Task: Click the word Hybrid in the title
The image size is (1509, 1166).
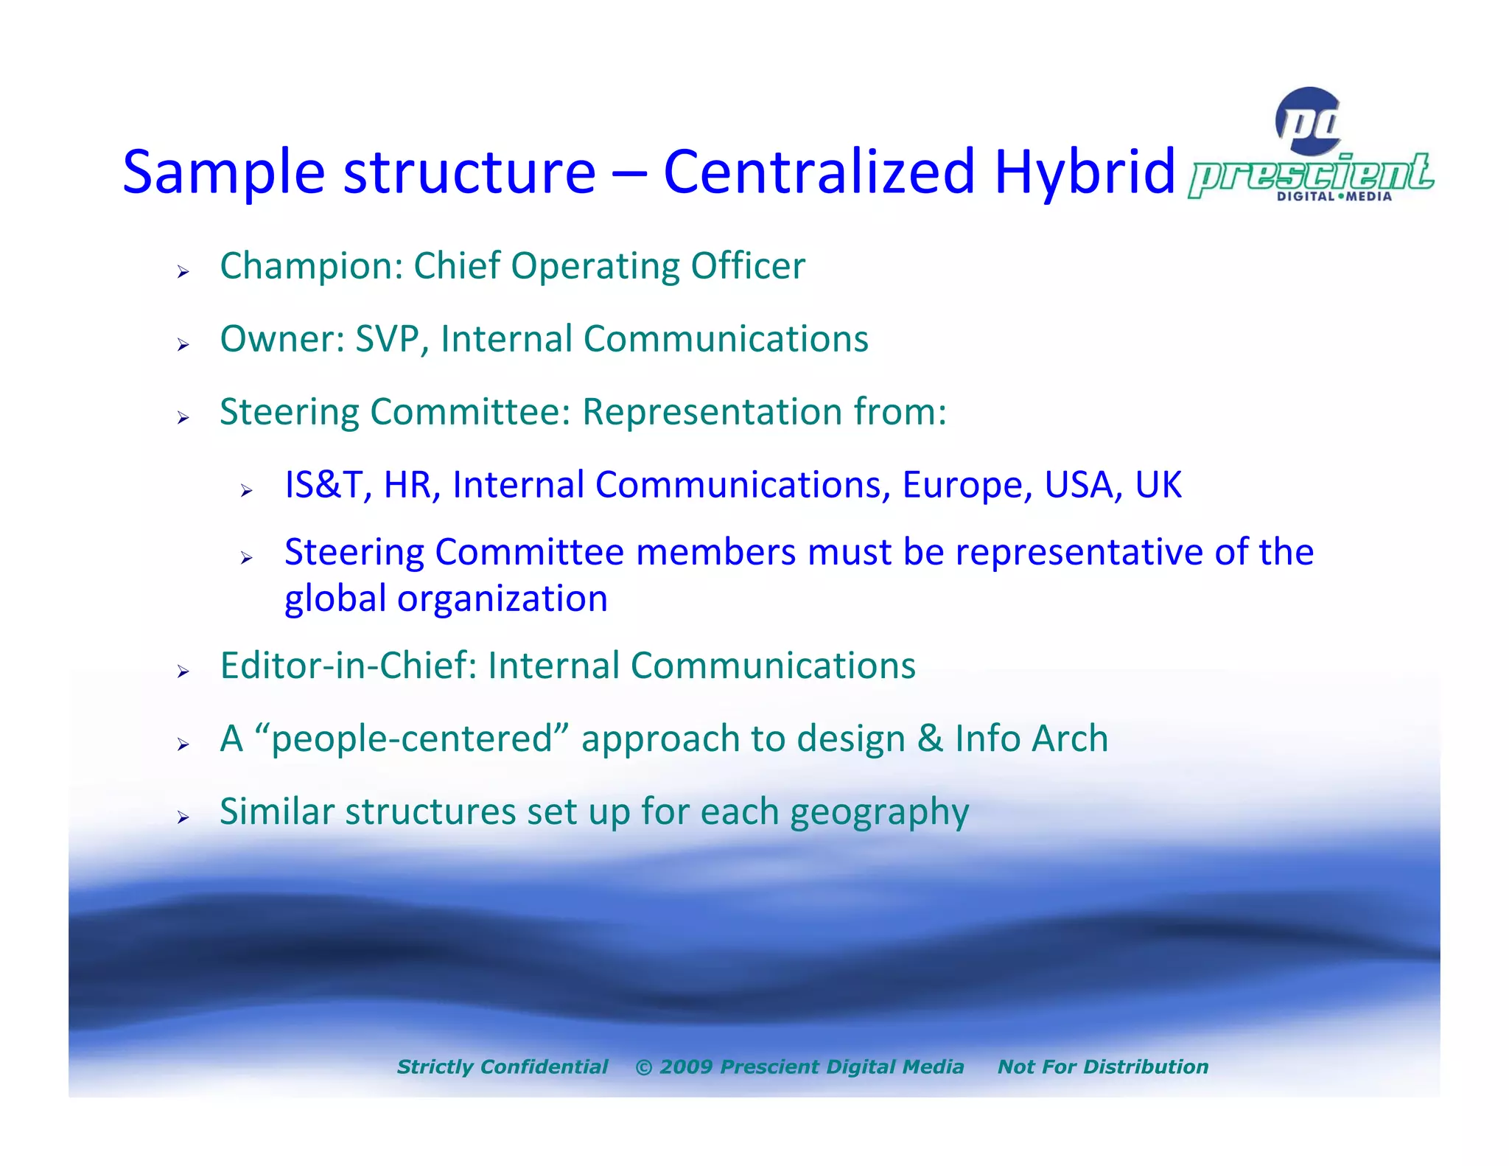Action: point(1084,172)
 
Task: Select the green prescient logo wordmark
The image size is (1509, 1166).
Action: point(1312,175)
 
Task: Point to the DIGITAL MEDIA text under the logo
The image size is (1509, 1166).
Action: point(1334,197)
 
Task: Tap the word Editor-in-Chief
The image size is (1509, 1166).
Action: point(348,666)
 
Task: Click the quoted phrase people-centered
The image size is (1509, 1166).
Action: point(413,739)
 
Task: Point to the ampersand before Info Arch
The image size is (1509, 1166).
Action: point(930,739)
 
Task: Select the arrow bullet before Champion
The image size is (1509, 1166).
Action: point(183,273)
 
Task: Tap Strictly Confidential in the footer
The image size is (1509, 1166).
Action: point(503,1066)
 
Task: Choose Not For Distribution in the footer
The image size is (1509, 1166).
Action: point(1102,1066)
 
